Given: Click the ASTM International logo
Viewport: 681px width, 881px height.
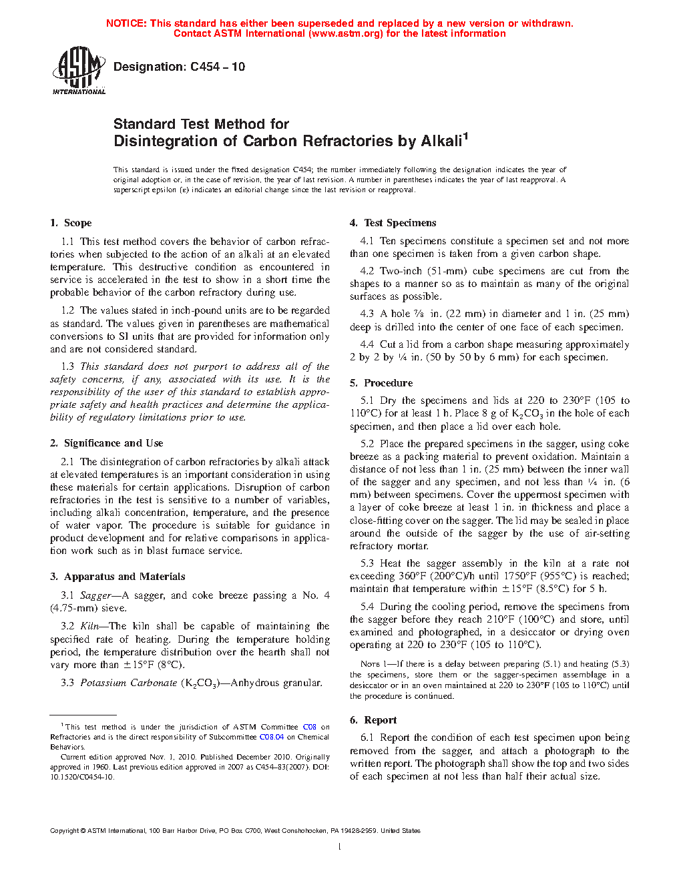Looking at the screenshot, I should point(78,70).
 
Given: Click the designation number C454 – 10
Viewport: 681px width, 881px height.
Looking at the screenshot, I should point(218,67).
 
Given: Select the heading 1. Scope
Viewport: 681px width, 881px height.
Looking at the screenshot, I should point(71,223).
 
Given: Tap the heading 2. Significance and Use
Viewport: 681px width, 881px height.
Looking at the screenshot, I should point(106,443).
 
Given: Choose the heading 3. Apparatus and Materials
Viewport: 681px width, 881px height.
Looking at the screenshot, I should point(118,577).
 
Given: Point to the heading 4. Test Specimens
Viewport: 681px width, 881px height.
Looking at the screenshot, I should point(393,223).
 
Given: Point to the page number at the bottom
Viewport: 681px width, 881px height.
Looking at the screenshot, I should point(340,847).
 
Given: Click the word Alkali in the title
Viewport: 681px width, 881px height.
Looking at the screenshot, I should point(441,141).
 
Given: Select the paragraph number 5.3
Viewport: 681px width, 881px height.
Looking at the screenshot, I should point(367,563).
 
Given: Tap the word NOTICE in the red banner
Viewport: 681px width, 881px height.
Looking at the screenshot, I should point(126,23).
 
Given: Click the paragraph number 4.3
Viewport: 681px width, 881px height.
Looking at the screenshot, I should point(367,314).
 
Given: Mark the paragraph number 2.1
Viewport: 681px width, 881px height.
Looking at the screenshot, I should point(67,462).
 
